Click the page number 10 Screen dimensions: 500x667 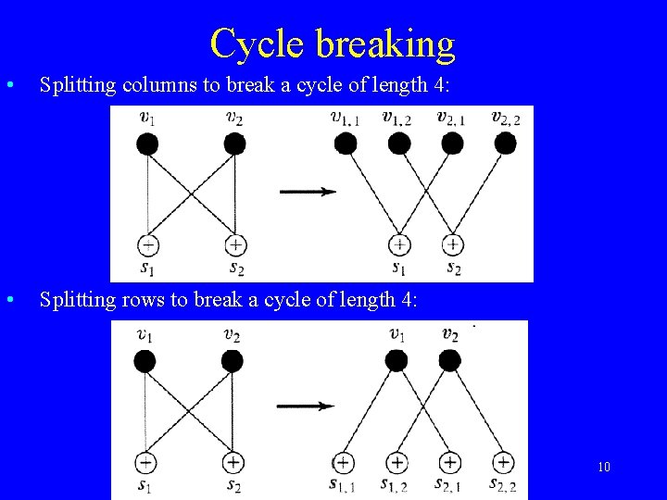click(x=604, y=467)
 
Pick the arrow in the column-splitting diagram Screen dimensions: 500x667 click(x=307, y=192)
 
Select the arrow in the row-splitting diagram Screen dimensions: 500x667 click(x=306, y=406)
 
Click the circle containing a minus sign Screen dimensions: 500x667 click(x=147, y=245)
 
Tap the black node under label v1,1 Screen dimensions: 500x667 click(x=346, y=143)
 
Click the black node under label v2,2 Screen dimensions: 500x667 click(x=506, y=143)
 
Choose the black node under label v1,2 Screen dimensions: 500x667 click(x=399, y=143)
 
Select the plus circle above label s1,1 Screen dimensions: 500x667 click(x=343, y=461)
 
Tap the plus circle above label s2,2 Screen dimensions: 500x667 click(x=503, y=461)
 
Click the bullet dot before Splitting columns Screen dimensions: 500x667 click(x=8, y=85)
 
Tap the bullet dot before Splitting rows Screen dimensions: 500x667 click(x=8, y=299)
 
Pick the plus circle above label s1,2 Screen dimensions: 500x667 click(x=396, y=461)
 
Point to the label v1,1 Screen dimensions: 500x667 click(x=345, y=117)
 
